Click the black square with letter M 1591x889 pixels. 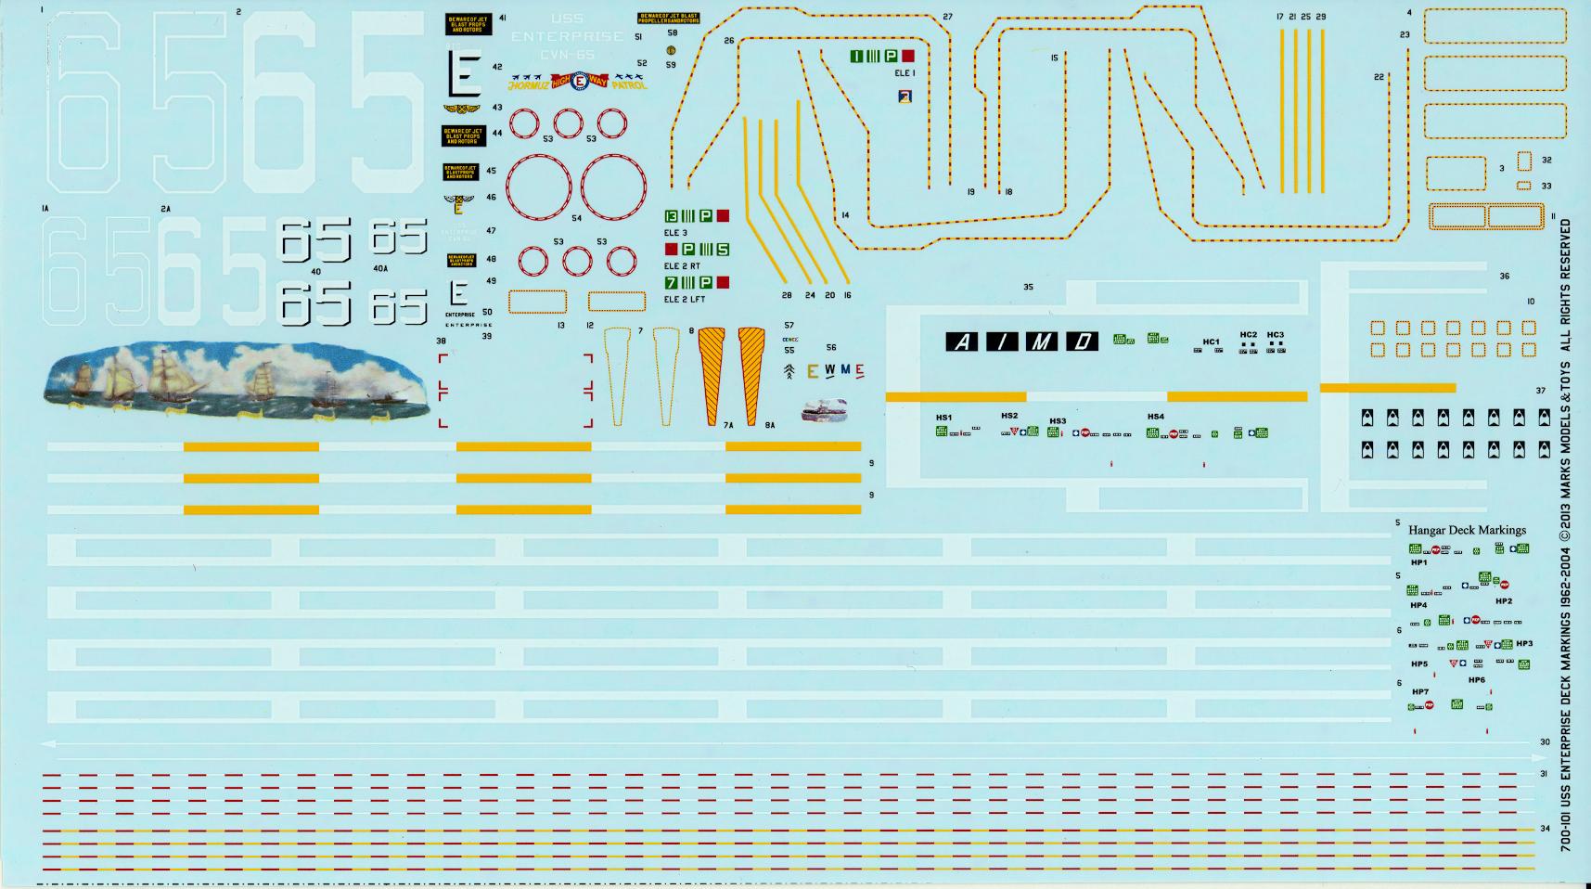[x=1041, y=342]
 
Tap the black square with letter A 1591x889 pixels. [x=962, y=342]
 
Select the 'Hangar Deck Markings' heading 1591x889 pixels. [x=1467, y=530]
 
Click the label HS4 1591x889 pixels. [x=1155, y=417]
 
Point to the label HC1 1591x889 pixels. [x=1211, y=341]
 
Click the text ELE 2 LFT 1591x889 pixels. [x=685, y=299]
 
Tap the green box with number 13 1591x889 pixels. [x=672, y=216]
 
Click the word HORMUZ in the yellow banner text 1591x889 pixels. [x=529, y=85]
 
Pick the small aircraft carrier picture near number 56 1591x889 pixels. [x=824, y=409]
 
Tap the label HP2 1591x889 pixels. [x=1504, y=601]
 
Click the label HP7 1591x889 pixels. [x=1419, y=691]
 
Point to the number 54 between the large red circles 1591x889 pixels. [x=577, y=218]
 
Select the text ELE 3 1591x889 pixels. [x=675, y=233]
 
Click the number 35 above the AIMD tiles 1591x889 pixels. [x=1028, y=287]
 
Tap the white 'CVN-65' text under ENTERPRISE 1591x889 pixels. [x=567, y=55]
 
